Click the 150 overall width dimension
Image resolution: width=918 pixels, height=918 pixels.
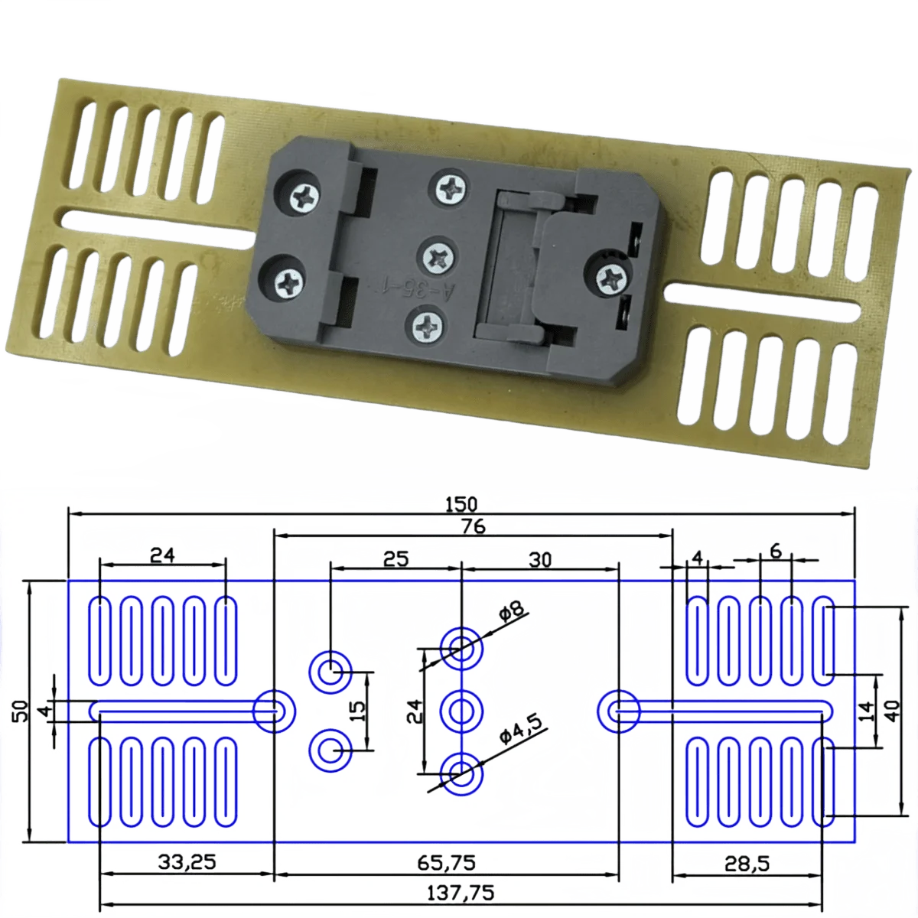pyautogui.click(x=461, y=504)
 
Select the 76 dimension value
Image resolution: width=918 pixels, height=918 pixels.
pyautogui.click(x=474, y=527)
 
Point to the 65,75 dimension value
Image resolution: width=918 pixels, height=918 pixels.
pyautogui.click(x=446, y=863)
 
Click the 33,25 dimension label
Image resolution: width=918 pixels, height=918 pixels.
pyautogui.click(x=187, y=861)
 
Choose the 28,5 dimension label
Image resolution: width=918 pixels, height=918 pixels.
pyautogui.click(x=747, y=863)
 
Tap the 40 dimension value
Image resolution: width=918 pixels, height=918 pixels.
pyautogui.click(x=891, y=711)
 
